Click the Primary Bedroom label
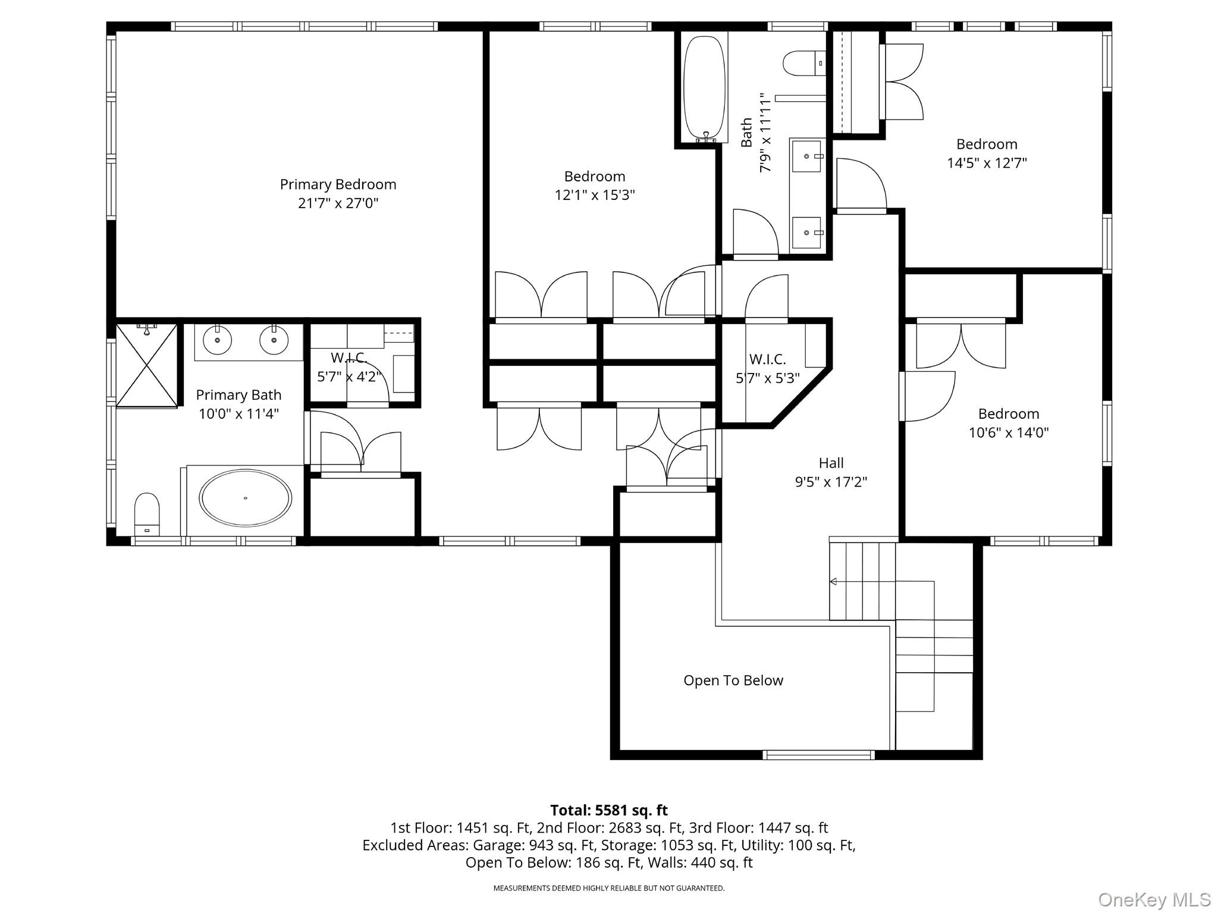pyautogui.click(x=338, y=184)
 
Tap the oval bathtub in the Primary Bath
pyautogui.click(x=245, y=498)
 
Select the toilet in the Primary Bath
pyautogui.click(x=147, y=514)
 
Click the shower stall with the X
pyautogui.click(x=146, y=365)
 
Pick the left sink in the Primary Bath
pyautogui.click(x=218, y=340)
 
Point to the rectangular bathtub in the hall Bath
pyautogui.click(x=705, y=86)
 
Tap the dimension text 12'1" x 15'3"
pyautogui.click(x=595, y=195)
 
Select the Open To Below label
pyautogui.click(x=733, y=680)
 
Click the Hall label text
pyautogui.click(x=831, y=463)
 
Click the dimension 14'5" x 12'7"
pyautogui.click(x=987, y=163)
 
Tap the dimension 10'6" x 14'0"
pyautogui.click(x=1009, y=432)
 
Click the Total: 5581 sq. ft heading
pyautogui.click(x=609, y=810)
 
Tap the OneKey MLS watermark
pyautogui.click(x=1154, y=900)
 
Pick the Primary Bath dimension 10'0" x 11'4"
pyautogui.click(x=238, y=414)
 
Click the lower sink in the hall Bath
pyautogui.click(x=806, y=233)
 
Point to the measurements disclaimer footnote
pyautogui.click(x=609, y=888)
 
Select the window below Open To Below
pyautogui.click(x=819, y=755)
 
